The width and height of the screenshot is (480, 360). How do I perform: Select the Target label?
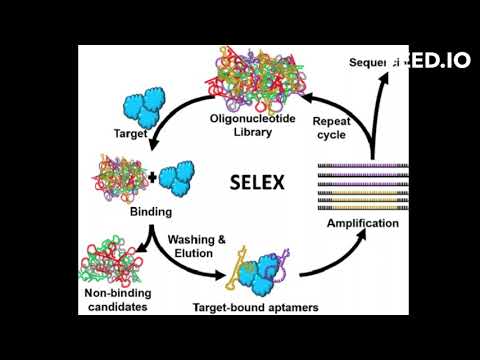131,132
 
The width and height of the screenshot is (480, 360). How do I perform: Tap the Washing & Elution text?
196,247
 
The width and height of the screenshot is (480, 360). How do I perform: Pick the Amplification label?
363,223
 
